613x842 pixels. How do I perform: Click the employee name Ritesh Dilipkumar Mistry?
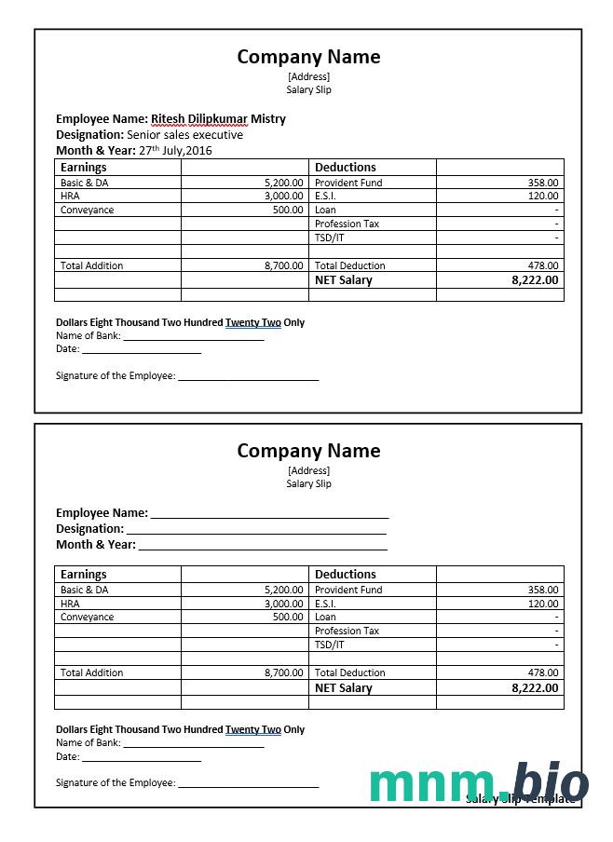pyautogui.click(x=218, y=119)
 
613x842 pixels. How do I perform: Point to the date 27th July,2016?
pyautogui.click(x=175, y=150)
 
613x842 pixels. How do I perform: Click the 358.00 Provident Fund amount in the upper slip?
pyautogui.click(x=543, y=183)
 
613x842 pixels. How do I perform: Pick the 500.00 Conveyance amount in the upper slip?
pyautogui.click(x=288, y=210)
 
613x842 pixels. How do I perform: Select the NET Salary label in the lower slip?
pyautogui.click(x=343, y=688)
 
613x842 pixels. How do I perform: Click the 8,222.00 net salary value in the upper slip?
pyautogui.click(x=535, y=280)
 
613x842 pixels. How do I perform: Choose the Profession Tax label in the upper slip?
pyautogui.click(x=347, y=224)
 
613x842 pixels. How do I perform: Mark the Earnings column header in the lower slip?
pyautogui.click(x=84, y=575)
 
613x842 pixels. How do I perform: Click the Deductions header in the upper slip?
pyautogui.click(x=346, y=168)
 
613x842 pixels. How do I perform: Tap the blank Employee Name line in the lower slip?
pyautogui.click(x=269, y=512)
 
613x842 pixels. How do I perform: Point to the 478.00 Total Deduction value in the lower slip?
pyautogui.click(x=543, y=672)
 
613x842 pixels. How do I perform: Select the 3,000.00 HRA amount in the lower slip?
pyautogui.click(x=283, y=604)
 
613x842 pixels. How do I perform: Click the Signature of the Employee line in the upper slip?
pyautogui.click(x=248, y=376)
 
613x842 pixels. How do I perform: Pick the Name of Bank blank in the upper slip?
pyautogui.click(x=194, y=335)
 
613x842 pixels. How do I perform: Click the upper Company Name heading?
pyautogui.click(x=308, y=57)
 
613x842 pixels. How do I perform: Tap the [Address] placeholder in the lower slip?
pyautogui.click(x=308, y=470)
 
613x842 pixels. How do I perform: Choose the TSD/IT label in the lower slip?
pyautogui.click(x=329, y=645)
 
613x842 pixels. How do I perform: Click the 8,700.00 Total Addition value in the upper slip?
pyautogui.click(x=283, y=265)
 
